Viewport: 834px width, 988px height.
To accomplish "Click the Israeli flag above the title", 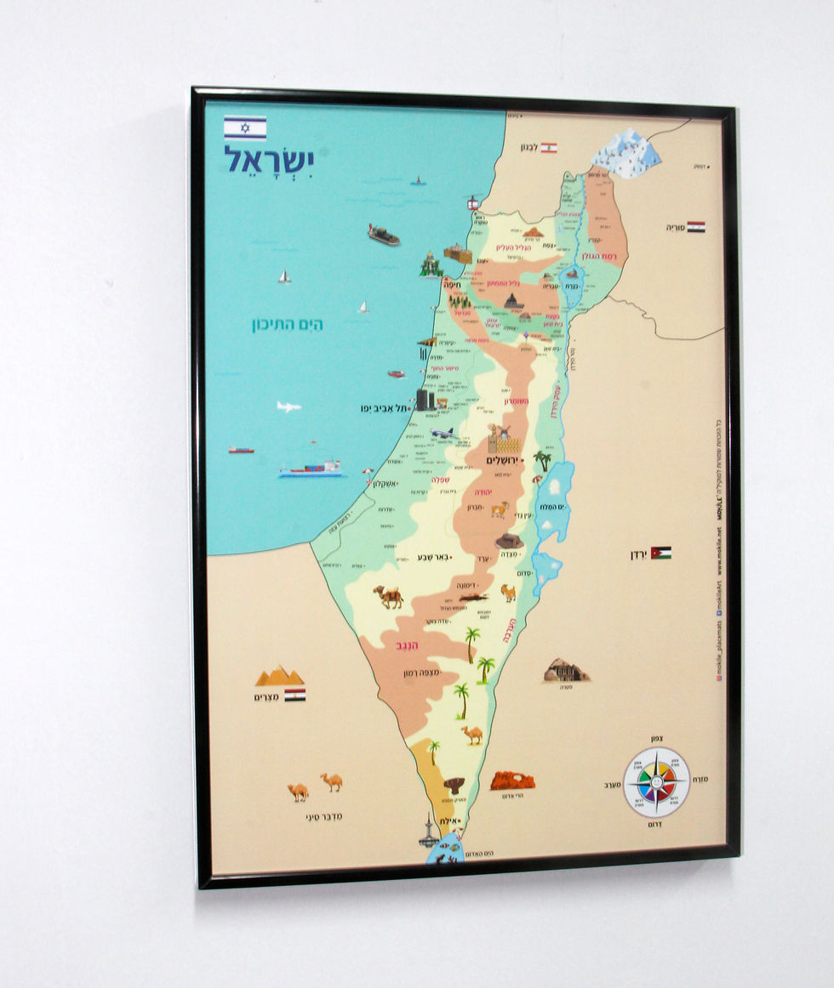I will point(245,128).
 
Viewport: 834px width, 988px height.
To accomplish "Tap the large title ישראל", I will point(268,160).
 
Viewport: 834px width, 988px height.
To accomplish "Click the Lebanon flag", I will point(549,148).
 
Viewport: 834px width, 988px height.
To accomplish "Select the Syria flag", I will point(696,227).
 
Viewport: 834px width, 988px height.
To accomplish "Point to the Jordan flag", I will point(661,553).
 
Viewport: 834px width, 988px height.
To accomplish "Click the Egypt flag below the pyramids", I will point(294,695).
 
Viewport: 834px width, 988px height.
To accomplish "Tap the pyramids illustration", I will point(280,676).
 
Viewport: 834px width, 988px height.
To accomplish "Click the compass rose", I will point(656,782).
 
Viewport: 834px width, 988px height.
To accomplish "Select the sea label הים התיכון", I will point(287,325).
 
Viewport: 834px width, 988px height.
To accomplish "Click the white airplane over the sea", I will point(288,406).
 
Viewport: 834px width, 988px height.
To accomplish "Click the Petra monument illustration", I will point(566,671).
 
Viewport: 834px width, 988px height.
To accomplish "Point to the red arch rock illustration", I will point(512,780).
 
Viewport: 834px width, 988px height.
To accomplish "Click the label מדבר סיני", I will point(324,817).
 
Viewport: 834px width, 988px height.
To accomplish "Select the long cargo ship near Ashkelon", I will point(310,469).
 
